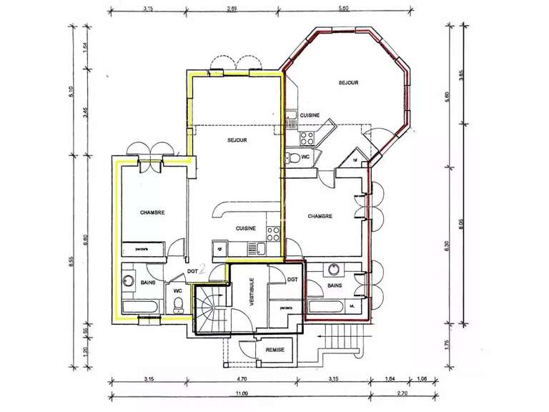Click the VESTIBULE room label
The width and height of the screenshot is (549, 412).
pyautogui.click(x=252, y=293)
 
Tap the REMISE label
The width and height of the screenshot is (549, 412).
pyautogui.click(x=274, y=350)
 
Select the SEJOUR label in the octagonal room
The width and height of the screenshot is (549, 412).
pyautogui.click(x=348, y=83)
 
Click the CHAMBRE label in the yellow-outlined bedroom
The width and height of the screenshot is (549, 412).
pyautogui.click(x=152, y=212)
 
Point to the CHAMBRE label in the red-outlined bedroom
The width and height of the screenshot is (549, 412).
pyautogui.click(x=320, y=216)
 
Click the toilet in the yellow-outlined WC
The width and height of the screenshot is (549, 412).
pyautogui.click(x=178, y=306)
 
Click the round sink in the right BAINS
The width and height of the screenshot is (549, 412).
pyautogui.click(x=333, y=270)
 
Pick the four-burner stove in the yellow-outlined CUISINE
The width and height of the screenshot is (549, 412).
pyautogui.click(x=272, y=232)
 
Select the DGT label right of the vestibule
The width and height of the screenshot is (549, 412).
pyautogui.click(x=292, y=280)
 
